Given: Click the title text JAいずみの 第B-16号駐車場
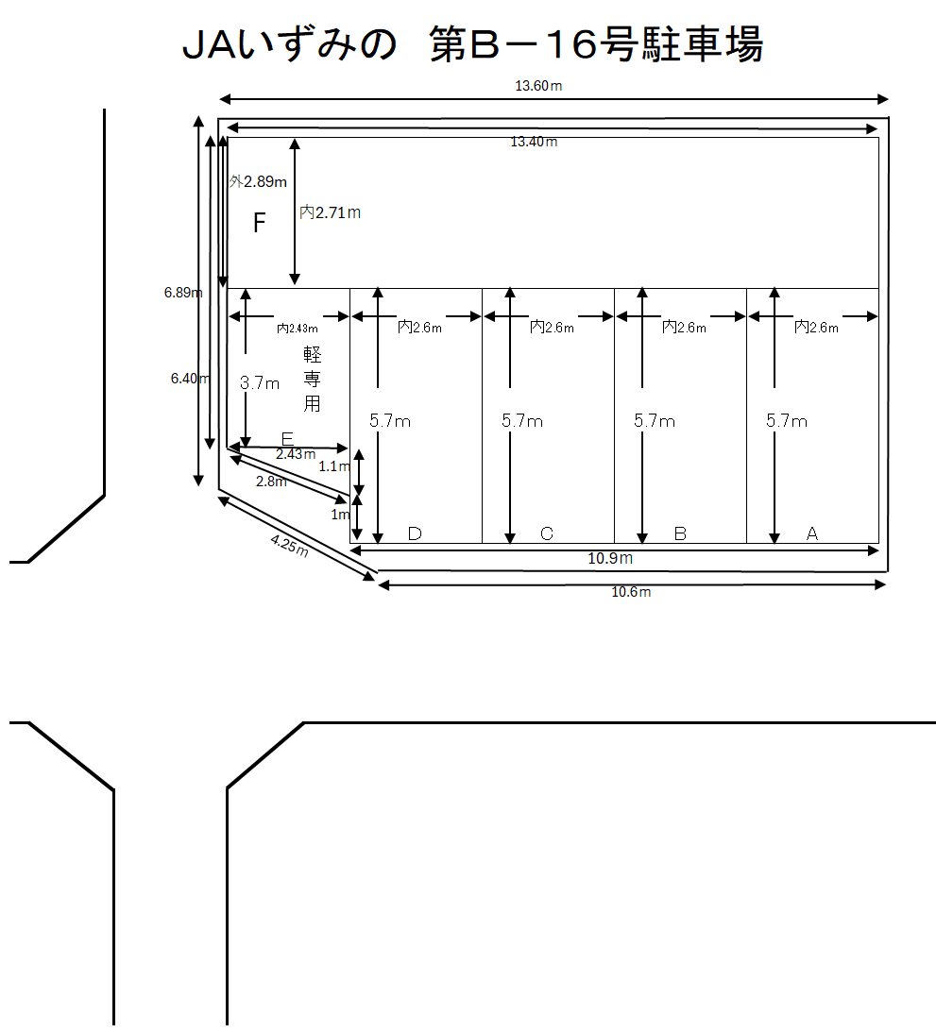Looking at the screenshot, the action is pos(472,44).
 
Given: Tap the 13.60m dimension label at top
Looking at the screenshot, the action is pos(538,86).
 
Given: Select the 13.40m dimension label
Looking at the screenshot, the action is pos(534,142).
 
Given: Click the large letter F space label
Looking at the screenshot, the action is pos(260,223).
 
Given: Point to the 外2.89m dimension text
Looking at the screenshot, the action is pos(258,181).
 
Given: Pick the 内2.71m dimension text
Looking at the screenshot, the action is pos(330,212).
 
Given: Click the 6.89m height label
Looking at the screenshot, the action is pos(183,292).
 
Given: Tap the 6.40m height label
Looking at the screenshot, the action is pos(190,379).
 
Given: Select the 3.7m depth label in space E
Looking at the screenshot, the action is pos(260,383).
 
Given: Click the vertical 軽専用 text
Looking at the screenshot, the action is pos(312,380).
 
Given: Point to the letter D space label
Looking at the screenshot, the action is pos(415,533).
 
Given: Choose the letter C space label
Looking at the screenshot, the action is pos(546,533).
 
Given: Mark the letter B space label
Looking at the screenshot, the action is pos(681,533).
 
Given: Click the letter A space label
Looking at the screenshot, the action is pos(812,533).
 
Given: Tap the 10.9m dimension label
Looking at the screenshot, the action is pos(610,558).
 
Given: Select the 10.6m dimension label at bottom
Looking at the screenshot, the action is pos(631,592).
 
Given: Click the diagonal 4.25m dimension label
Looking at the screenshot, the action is pos(289,546).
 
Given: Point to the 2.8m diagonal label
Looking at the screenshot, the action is pos(271,482).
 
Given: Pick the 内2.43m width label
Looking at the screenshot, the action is pos(297,329).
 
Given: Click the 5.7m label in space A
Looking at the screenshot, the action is pos(787,421).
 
